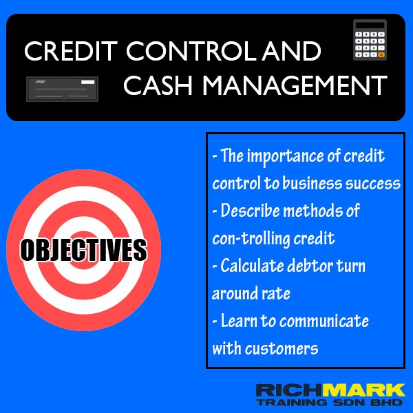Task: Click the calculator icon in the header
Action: coord(370,41)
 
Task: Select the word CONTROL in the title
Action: coord(181,52)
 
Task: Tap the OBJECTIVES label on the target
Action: coord(83,250)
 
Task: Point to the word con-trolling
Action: coord(251,238)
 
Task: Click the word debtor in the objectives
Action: coord(322,266)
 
